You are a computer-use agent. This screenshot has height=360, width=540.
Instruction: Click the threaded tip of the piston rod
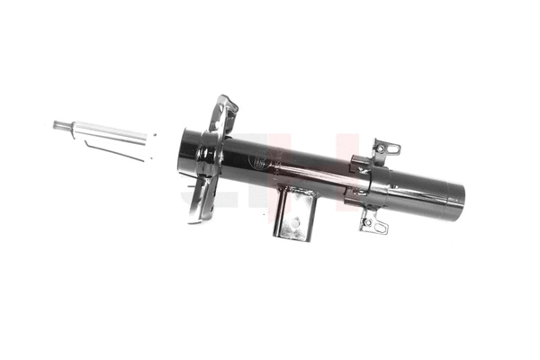(x=59, y=125)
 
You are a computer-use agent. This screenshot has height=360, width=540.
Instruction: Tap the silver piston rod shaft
(x=108, y=133)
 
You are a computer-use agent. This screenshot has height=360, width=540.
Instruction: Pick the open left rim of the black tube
(x=185, y=151)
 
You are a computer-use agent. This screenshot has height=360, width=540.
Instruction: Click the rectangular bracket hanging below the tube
(x=295, y=213)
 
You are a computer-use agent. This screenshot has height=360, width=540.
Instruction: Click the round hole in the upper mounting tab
(x=392, y=147)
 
